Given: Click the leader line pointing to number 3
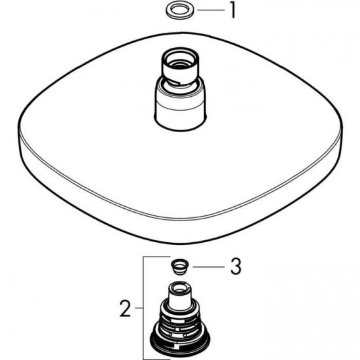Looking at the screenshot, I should click(207, 266).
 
